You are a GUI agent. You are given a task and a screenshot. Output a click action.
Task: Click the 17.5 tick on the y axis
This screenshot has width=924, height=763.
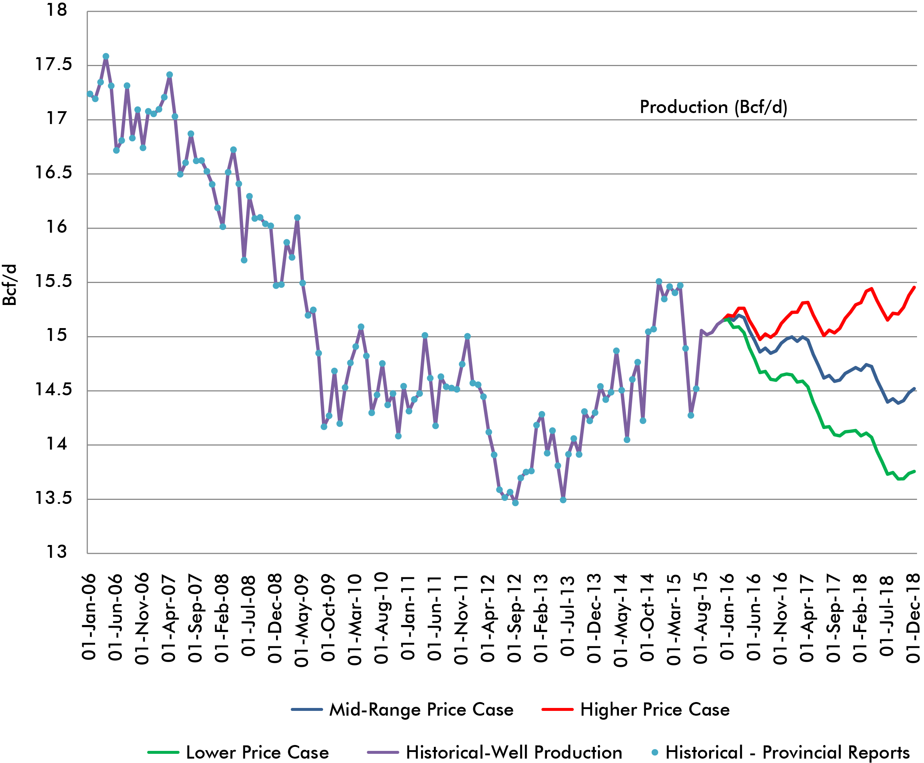53,65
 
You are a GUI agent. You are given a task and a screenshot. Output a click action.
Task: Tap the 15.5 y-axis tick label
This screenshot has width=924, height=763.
53,281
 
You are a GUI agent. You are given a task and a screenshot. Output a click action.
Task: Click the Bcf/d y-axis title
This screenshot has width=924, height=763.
10,285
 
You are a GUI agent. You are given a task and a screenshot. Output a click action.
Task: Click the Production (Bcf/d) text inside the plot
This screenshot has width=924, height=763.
713,107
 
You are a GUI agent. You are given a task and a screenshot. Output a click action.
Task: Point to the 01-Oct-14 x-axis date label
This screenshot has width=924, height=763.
648,618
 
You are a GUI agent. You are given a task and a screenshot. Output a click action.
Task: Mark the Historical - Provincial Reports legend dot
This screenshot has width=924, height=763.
655,752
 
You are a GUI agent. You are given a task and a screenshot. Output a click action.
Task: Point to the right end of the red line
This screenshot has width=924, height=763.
914,287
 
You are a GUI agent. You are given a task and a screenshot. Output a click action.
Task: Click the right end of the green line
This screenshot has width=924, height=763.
914,471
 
